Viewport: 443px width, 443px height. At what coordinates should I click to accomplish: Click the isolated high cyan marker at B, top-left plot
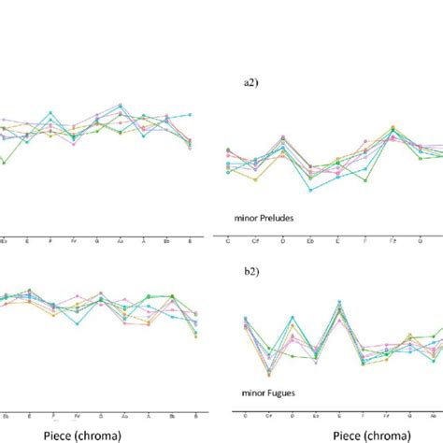click(x=191, y=114)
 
